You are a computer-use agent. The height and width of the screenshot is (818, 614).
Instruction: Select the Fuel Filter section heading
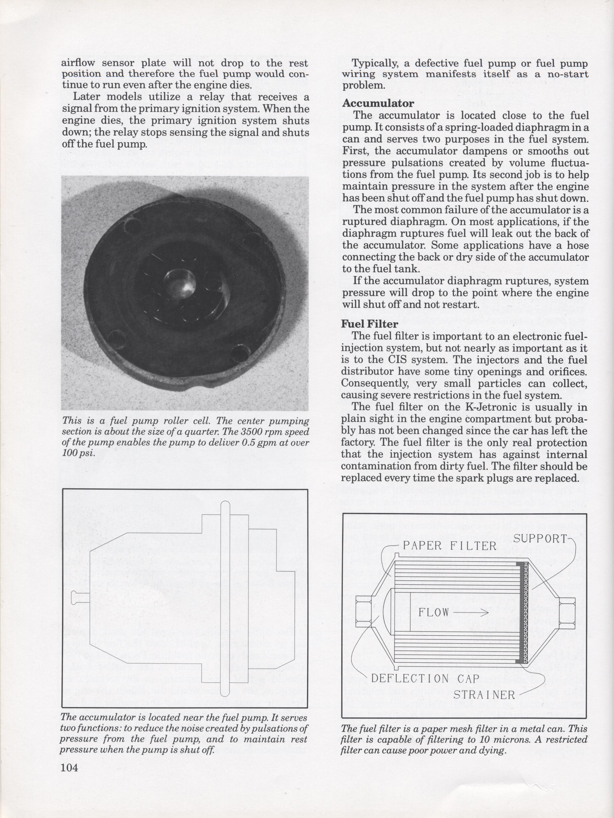point(369,324)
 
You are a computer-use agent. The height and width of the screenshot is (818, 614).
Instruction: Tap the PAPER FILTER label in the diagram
point(449,546)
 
